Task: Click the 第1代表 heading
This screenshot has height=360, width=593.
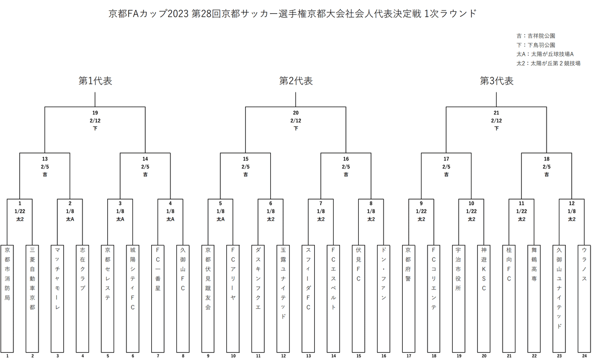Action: coord(95,81)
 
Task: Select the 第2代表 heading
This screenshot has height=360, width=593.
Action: coord(296,81)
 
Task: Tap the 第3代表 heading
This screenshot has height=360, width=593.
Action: coord(497,81)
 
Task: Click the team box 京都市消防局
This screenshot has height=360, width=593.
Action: coord(7,296)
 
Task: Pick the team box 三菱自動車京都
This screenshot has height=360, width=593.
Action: coord(33,296)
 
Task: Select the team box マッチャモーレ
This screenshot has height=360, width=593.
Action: coord(57,296)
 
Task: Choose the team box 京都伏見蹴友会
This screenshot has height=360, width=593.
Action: coord(208,296)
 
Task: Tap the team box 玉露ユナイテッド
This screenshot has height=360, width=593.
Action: coord(283,296)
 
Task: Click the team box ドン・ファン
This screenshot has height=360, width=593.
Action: coord(383,296)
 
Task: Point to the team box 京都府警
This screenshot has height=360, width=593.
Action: coord(409,296)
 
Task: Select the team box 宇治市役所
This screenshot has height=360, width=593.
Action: coord(459,296)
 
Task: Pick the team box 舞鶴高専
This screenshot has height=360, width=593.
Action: coord(534,296)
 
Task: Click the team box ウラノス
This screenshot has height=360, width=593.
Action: coord(585,296)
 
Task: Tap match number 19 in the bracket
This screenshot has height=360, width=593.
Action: coord(95,113)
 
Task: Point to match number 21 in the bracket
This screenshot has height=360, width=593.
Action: coord(497,113)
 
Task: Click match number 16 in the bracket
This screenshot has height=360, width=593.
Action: coord(346,159)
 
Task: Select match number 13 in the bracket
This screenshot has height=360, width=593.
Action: coord(45,159)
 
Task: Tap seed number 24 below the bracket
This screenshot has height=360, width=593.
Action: coord(585,355)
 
